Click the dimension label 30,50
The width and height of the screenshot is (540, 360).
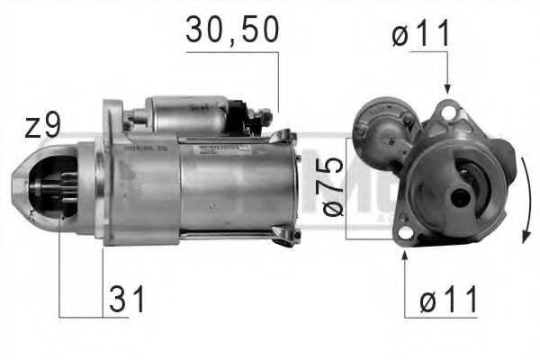tap(232, 29)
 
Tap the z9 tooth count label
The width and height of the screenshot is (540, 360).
tap(41, 126)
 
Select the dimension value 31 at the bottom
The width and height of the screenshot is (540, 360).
tap(126, 299)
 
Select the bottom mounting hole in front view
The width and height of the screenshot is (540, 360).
tap(404, 237)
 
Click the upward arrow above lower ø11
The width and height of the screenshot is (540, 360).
tap(404, 256)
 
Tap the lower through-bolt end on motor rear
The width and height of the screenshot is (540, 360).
tap(286, 237)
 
